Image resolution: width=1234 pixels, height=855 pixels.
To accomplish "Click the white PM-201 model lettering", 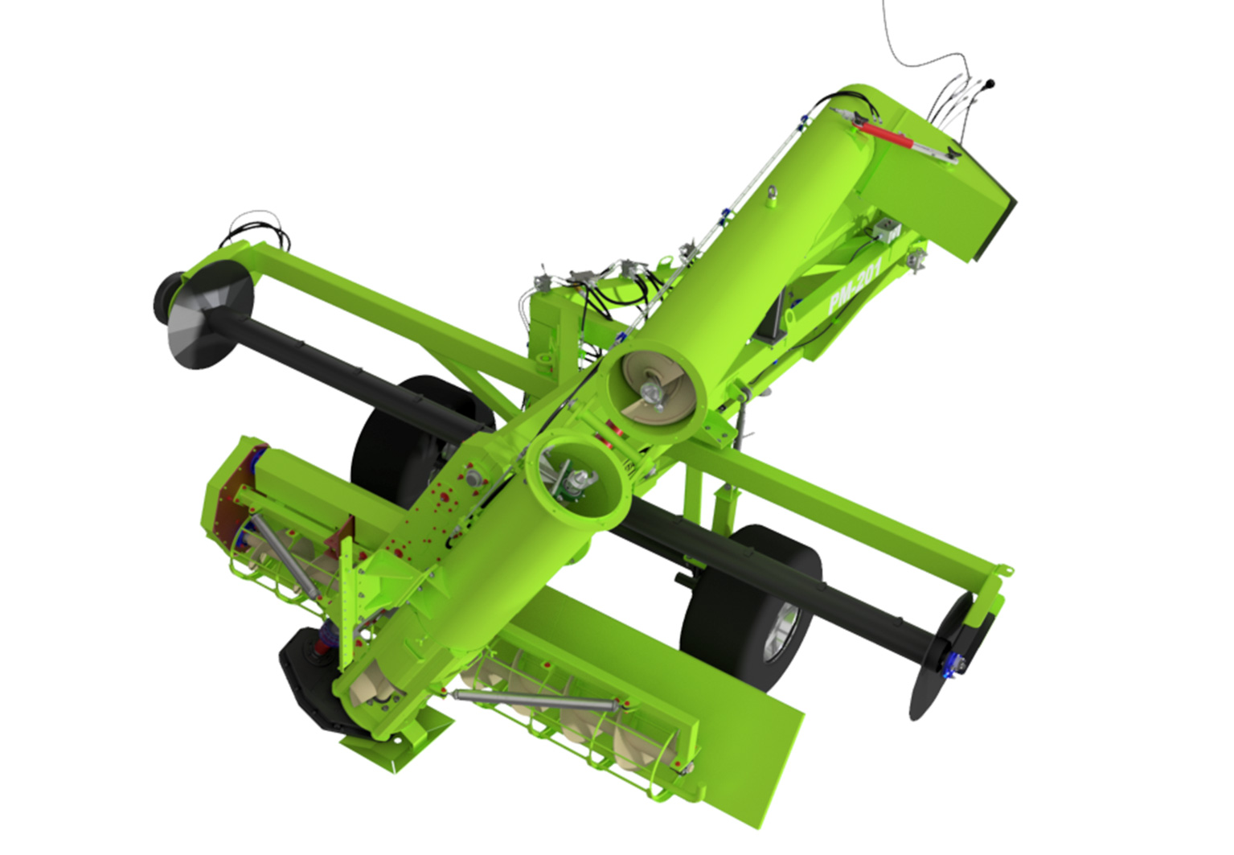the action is pyautogui.click(x=855, y=286).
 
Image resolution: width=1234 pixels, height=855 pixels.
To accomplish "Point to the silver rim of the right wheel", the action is pyautogui.click(x=781, y=634).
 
